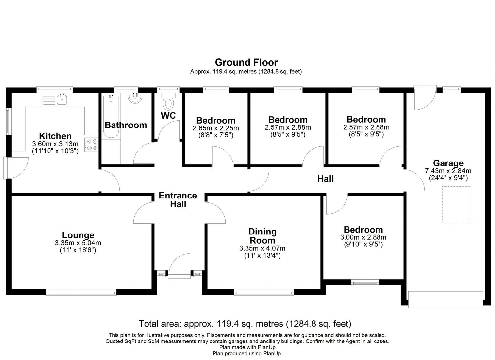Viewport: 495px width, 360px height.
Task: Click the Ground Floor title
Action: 246,62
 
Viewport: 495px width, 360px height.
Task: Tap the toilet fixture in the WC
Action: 168,102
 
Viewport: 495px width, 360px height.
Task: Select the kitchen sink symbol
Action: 61,99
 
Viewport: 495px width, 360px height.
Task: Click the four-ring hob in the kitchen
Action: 91,145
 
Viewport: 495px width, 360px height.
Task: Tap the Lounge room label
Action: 78,235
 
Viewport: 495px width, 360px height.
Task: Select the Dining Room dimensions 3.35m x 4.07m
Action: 262,248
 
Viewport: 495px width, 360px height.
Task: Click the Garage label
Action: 448,163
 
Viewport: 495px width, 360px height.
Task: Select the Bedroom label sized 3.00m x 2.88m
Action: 363,230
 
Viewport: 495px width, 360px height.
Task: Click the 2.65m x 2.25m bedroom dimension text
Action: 216,128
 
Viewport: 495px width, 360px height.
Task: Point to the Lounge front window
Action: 81,292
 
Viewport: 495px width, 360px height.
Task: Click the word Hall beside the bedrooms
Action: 325,179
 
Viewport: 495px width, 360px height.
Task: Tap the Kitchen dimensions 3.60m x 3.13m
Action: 55,144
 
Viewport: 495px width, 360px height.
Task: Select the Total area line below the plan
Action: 245,323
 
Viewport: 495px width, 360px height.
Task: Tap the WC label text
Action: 168,116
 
